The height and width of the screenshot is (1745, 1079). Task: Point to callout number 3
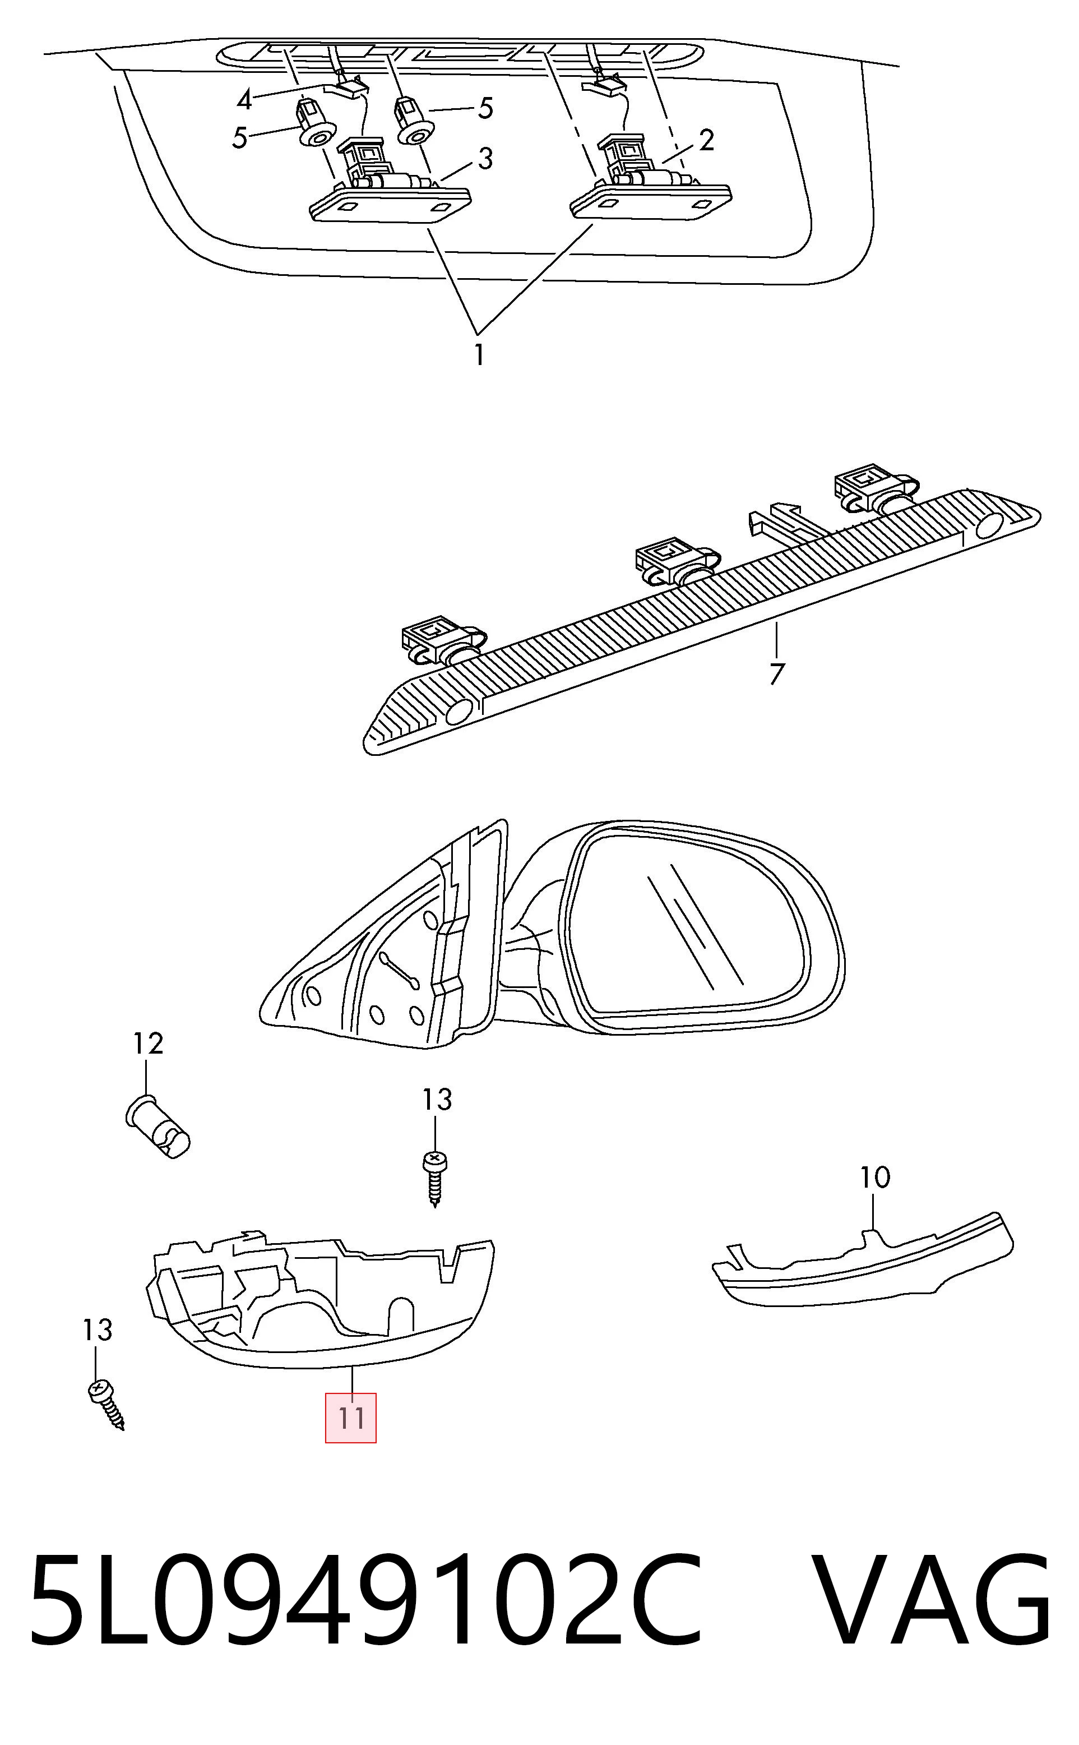click(485, 159)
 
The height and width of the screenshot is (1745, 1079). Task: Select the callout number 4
click(245, 100)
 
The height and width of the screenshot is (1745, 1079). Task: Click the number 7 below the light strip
click(777, 673)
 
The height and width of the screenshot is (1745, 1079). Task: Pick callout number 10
click(875, 1177)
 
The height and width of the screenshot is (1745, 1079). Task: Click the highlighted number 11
click(351, 1418)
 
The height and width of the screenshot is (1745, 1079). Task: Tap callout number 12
click(149, 1044)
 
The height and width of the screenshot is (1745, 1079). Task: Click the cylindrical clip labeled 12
click(158, 1126)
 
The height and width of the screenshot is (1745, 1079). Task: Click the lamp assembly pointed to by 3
click(390, 181)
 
